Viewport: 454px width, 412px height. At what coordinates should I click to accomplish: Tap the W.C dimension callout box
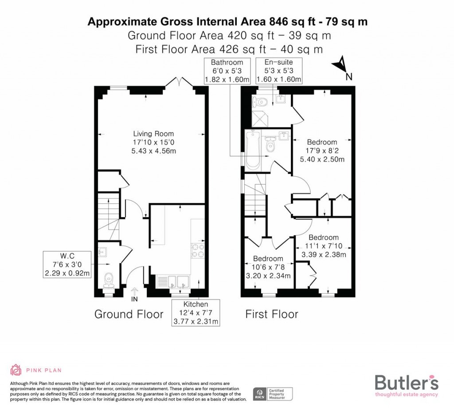coord(67,265)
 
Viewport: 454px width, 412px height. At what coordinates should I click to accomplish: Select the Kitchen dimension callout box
coord(196,313)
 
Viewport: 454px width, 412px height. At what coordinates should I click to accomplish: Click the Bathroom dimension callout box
coord(227,71)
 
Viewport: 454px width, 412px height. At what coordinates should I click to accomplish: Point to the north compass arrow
coord(341,66)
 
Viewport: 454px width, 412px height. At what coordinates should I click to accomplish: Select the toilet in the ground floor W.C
coord(108,278)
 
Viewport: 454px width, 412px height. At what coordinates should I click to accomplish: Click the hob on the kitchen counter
coord(197,251)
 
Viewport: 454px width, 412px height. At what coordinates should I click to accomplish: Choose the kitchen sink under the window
coord(173,281)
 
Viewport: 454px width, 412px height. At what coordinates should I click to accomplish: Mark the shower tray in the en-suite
coord(258,117)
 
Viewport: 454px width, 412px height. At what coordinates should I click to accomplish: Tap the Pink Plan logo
coord(35,370)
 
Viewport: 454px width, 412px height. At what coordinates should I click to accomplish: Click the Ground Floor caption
coord(129,314)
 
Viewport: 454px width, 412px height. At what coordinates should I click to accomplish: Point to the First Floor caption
coord(272,314)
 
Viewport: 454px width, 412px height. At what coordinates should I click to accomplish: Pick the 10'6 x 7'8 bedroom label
coord(268,267)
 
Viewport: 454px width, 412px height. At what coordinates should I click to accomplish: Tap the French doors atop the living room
coord(179,83)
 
